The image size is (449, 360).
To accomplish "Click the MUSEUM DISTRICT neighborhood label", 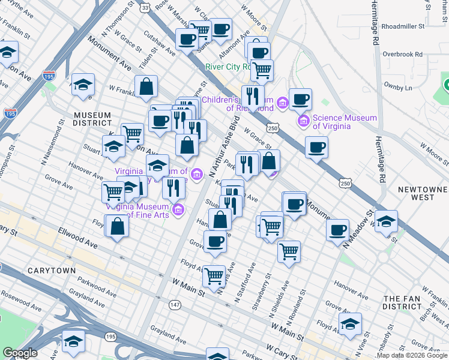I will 92,119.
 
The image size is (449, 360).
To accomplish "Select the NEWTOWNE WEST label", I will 423,193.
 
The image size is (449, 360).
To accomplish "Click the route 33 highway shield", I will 144,8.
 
